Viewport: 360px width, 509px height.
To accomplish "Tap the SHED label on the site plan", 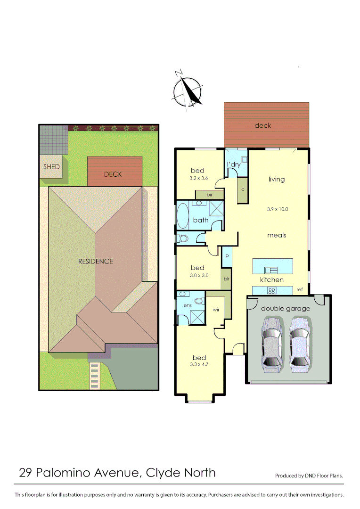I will pos(51,167).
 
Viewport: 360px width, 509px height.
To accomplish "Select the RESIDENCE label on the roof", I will pos(96,261).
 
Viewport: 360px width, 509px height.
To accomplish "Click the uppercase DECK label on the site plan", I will pos(113,174).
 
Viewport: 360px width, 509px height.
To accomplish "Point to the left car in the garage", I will pos(272,343).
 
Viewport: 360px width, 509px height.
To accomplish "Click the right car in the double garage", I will pos(299,343).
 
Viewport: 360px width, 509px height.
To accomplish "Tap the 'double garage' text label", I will pos(286,309).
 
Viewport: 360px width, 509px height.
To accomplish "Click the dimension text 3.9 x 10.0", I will pos(277,209).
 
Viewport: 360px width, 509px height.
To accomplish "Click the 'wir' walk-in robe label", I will pos(216,310).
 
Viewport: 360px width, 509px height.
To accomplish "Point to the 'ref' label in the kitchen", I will pos(300,290).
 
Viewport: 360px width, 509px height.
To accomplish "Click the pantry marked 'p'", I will pos(227,255).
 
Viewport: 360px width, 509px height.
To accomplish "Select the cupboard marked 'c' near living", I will pos(242,189).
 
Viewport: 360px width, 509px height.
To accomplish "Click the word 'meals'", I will pos(277,235).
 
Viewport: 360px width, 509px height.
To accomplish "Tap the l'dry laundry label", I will pos(234,164).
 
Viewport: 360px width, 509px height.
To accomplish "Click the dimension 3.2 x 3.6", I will pos(198,178).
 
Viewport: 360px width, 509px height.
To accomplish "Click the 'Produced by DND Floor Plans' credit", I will pos(309,476).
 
